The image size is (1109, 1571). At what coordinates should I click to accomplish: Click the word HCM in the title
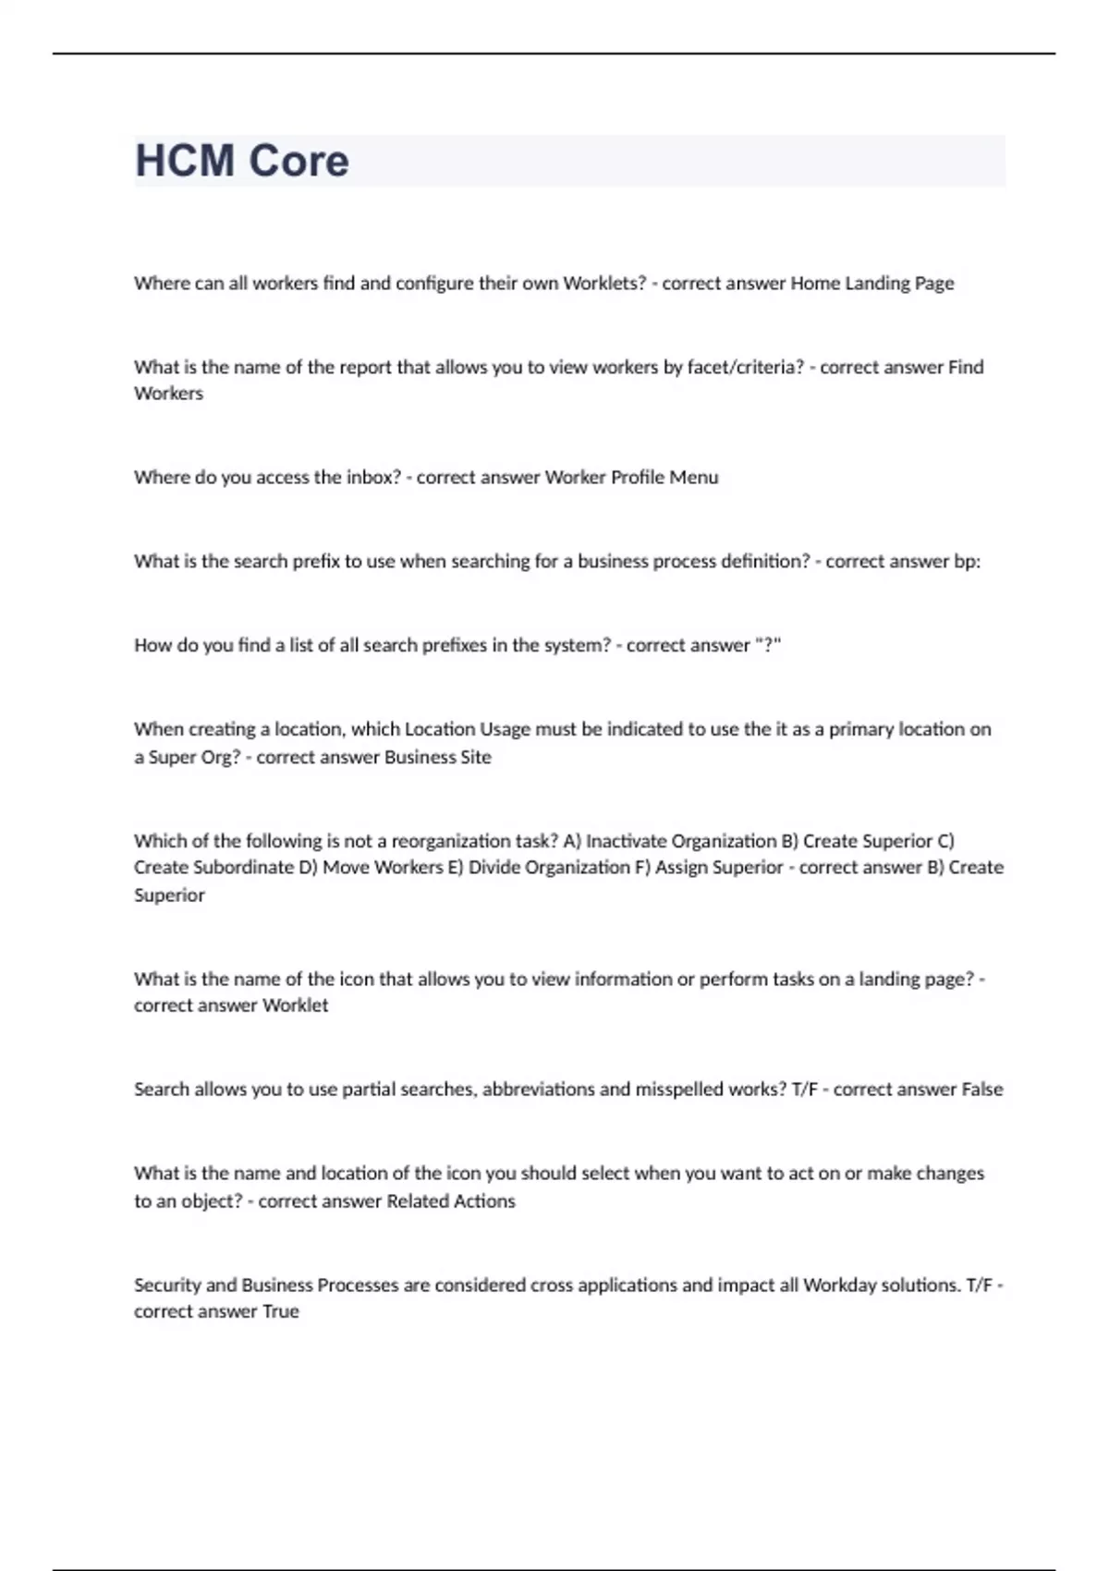tap(184, 161)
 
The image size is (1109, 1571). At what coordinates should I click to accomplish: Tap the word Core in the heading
tap(299, 161)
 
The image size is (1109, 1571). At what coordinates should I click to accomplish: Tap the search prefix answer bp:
tap(967, 561)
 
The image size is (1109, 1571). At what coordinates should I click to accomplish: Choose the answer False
tap(981, 1090)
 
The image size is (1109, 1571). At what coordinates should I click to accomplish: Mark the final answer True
tap(281, 1312)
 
